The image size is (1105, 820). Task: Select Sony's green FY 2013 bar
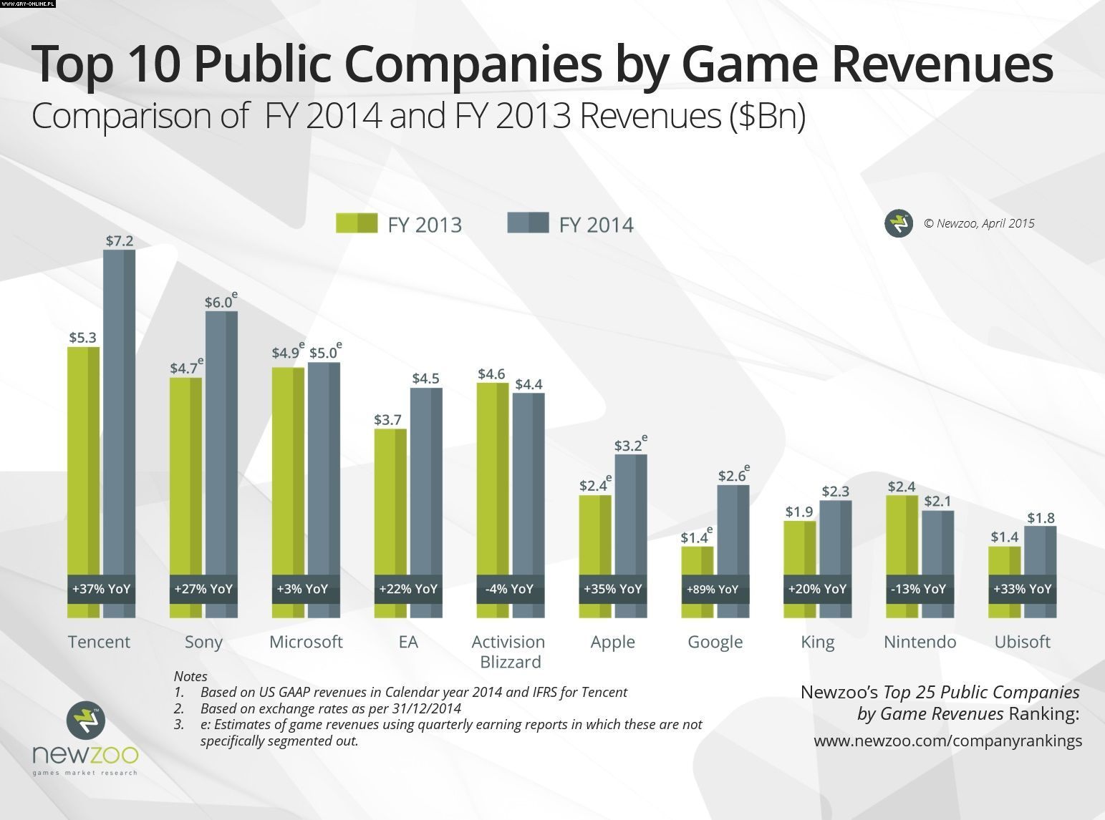point(185,472)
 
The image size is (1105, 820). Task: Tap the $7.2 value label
point(120,241)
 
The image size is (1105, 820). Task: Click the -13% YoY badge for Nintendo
point(920,590)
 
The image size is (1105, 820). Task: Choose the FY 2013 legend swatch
point(357,223)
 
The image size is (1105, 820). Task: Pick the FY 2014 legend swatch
point(528,223)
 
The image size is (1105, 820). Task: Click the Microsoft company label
point(306,642)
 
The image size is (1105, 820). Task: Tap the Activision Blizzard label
point(509,652)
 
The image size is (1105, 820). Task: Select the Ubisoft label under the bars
point(1022,642)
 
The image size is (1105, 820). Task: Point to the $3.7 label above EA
point(387,420)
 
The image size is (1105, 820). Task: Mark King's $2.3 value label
point(836,492)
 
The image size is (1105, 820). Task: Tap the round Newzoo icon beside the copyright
point(898,224)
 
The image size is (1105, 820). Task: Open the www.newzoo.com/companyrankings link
point(947,741)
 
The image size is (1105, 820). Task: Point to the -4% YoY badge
point(510,590)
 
